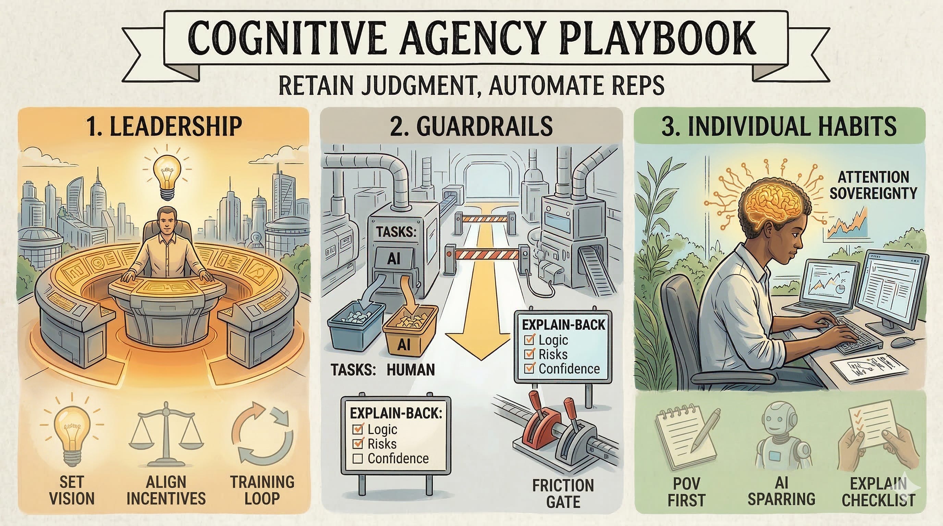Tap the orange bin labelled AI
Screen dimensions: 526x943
410,331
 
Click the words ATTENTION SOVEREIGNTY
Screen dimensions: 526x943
873,185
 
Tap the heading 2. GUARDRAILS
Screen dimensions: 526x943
471,126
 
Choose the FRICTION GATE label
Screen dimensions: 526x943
563,493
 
